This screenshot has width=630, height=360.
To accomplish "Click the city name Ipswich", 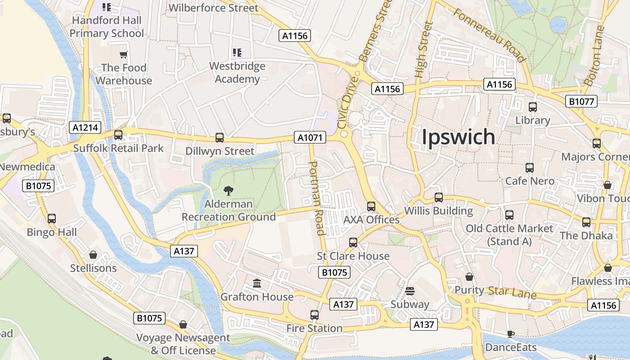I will [x=458, y=137].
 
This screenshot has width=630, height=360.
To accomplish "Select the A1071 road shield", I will [x=310, y=138].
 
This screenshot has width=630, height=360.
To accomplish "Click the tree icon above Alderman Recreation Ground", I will [x=229, y=190].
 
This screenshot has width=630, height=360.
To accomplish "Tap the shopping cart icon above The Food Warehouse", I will [x=124, y=55].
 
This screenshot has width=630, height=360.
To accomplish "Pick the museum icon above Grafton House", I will [x=257, y=283].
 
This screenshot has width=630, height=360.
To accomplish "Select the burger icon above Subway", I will [x=409, y=291].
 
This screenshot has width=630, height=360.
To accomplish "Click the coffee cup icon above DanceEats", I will [x=510, y=334].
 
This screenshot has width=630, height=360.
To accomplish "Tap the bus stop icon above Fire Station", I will [x=315, y=315].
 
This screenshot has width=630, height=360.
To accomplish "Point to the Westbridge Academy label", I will [x=237, y=72].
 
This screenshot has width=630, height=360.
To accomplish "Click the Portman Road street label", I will [x=317, y=198].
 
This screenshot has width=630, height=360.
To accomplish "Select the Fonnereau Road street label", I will [x=489, y=35].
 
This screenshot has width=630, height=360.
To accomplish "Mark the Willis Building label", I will [x=438, y=211].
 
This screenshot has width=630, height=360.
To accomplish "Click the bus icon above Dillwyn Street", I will [x=220, y=138].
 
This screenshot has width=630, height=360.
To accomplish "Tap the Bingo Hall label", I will [x=52, y=232].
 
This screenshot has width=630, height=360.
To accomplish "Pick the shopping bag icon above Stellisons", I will [x=93, y=255].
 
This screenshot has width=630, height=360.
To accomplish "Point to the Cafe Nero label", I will [x=530, y=181].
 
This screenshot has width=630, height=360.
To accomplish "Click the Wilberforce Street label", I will [x=213, y=8].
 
